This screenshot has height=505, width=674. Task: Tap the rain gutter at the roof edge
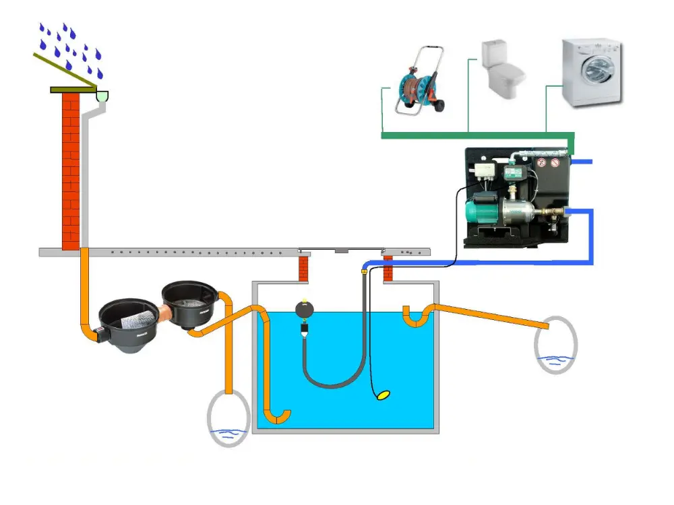102,97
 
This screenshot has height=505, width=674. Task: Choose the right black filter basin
189,302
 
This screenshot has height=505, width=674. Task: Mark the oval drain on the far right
555,345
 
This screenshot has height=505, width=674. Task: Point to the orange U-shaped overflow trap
416,316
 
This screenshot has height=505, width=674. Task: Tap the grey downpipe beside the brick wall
86,175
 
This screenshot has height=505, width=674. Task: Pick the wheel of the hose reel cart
436,106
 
